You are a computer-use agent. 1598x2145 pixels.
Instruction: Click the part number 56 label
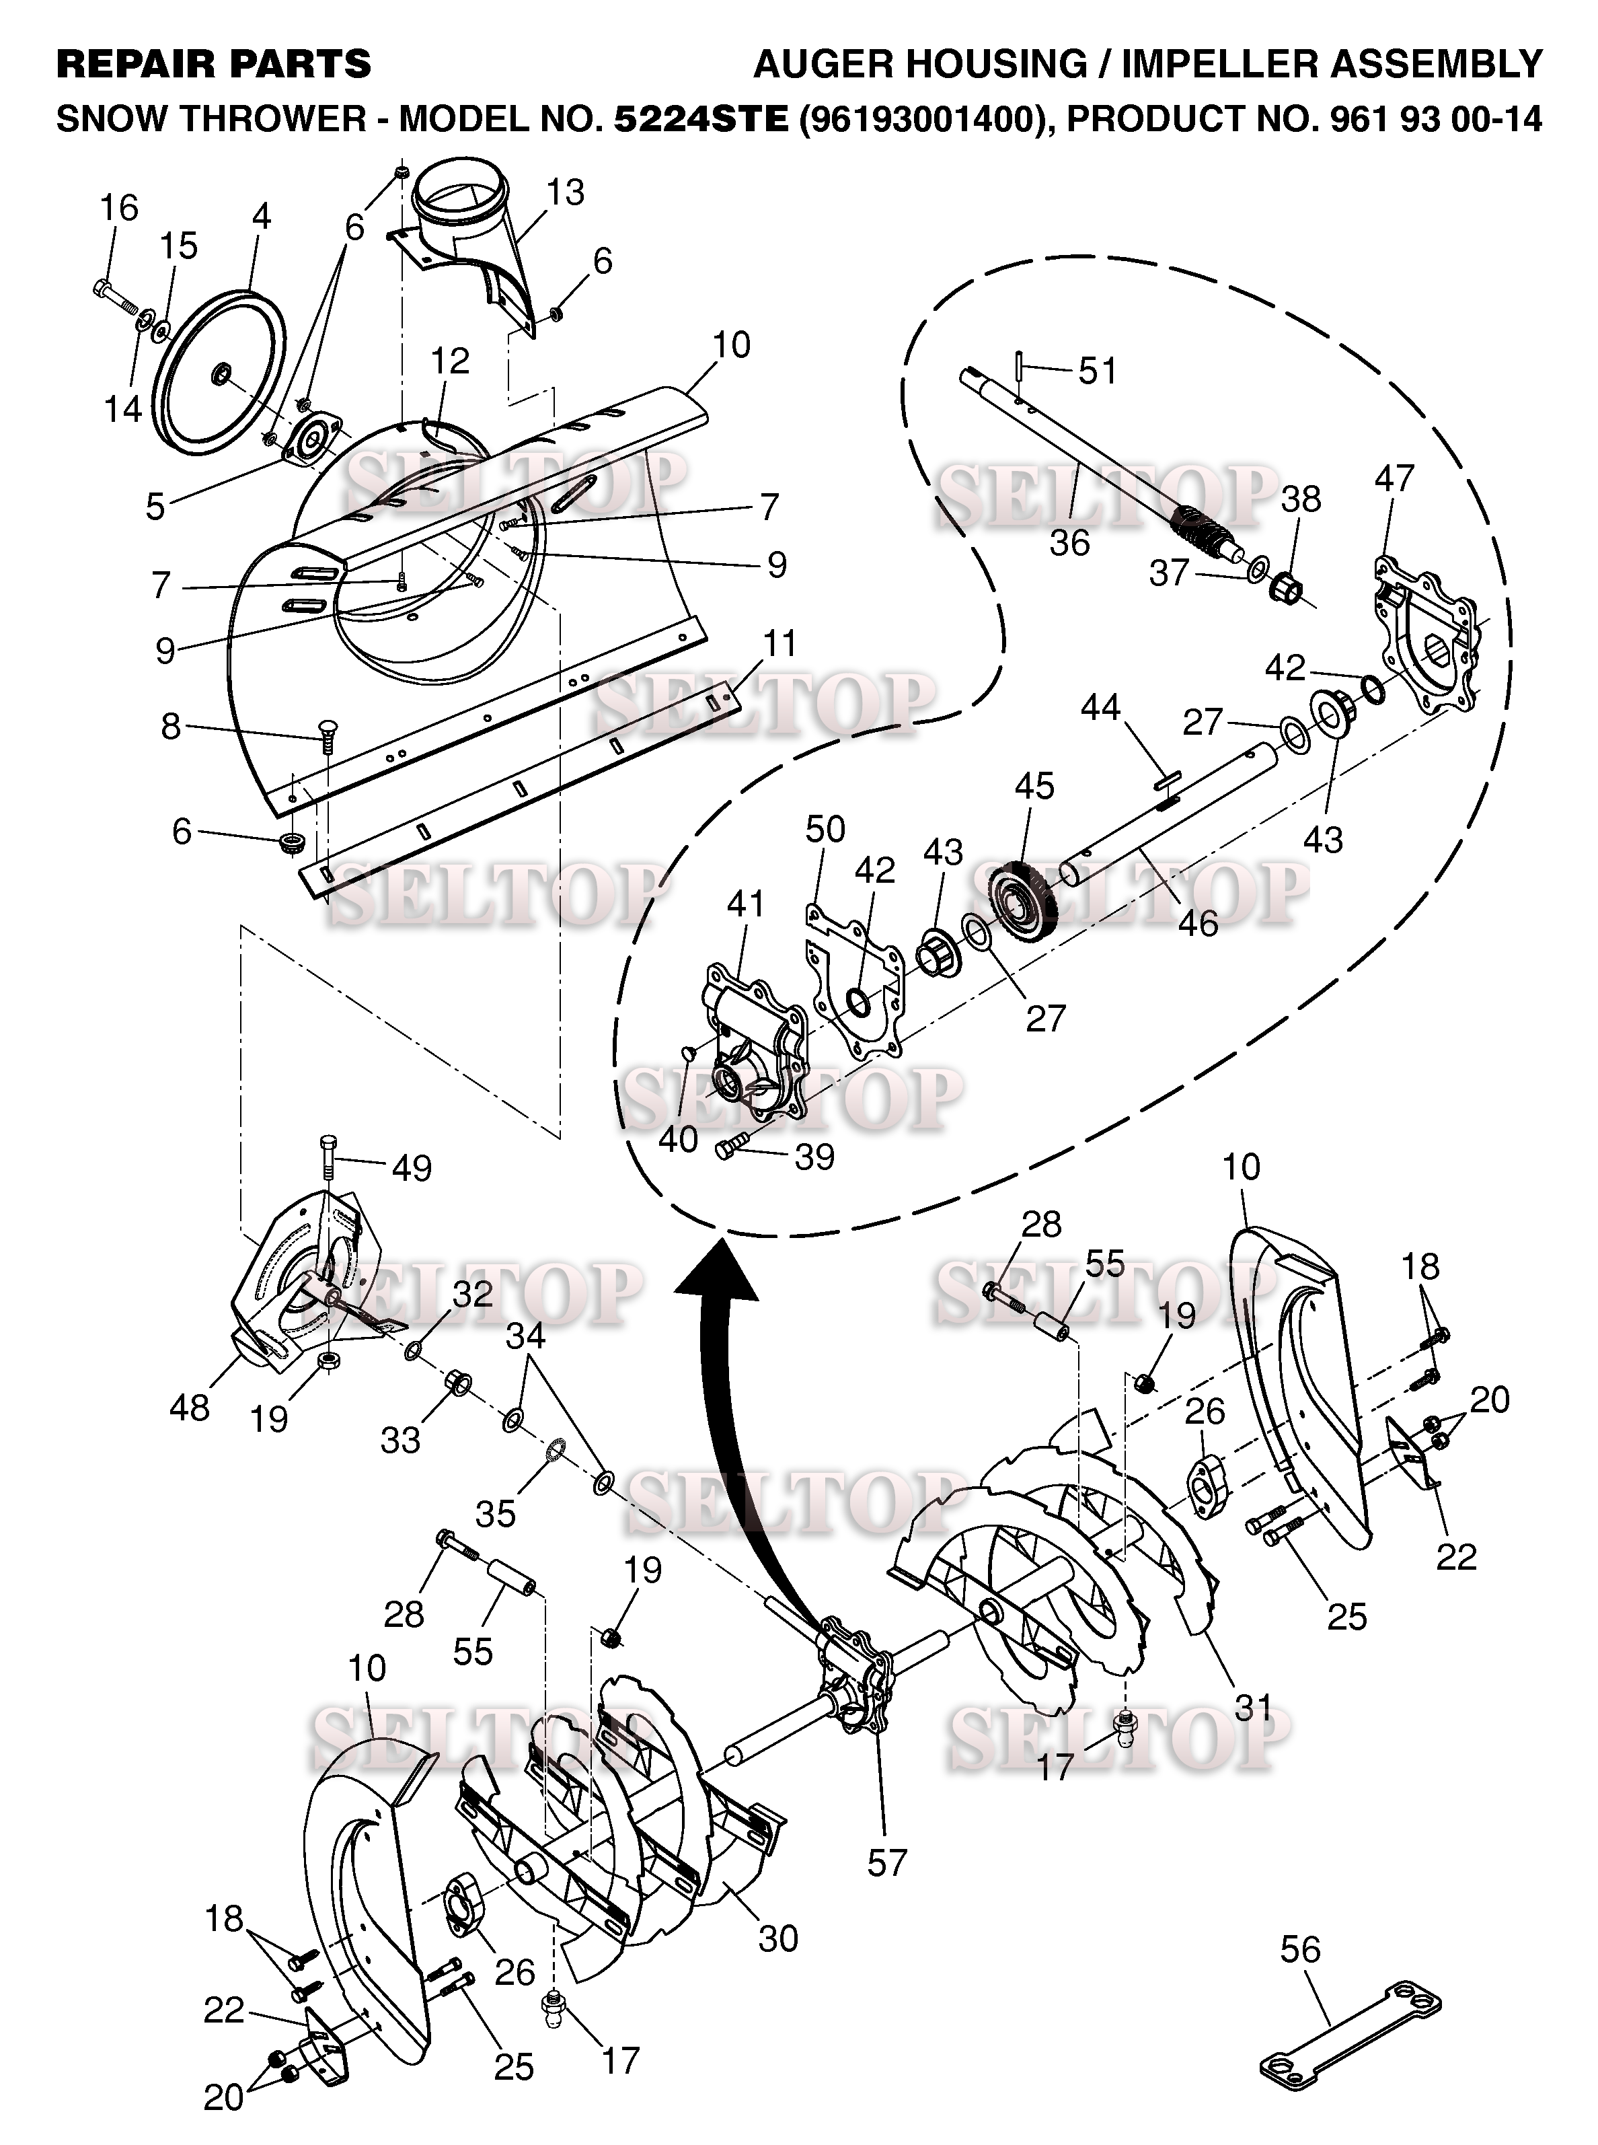[1300, 1950]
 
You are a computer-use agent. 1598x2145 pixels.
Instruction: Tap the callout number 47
[1394, 477]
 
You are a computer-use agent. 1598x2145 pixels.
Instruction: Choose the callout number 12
[450, 360]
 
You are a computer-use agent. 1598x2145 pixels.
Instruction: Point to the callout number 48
[190, 1408]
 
